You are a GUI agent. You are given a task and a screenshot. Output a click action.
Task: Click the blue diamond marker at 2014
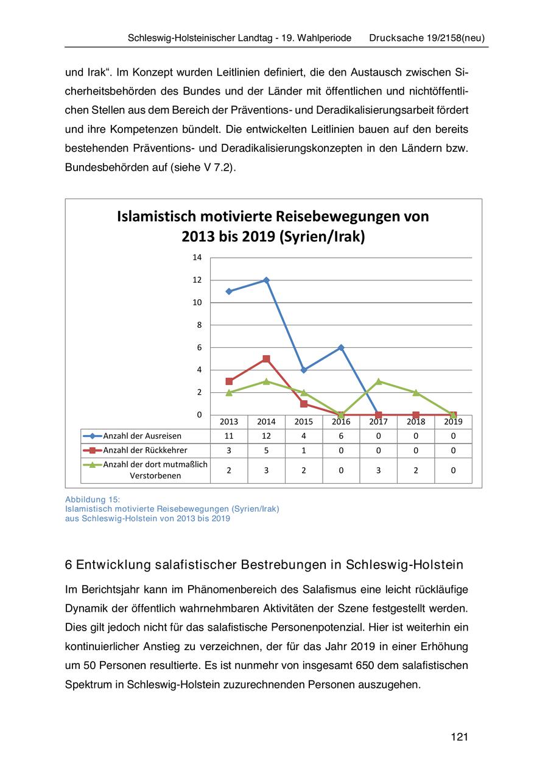[x=266, y=280]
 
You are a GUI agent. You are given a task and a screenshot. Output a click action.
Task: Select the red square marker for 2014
[x=266, y=359]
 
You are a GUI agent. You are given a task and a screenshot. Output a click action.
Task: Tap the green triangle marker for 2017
[x=378, y=381]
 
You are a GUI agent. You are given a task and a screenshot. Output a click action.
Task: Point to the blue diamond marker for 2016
[x=341, y=348]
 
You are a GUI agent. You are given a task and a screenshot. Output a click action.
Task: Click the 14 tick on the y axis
[x=197, y=258]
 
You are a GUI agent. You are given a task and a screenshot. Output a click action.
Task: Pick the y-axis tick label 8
[x=198, y=325]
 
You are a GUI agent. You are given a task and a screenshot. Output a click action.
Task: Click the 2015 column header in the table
[x=303, y=422]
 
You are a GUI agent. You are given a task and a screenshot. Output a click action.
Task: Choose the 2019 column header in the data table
[x=453, y=422]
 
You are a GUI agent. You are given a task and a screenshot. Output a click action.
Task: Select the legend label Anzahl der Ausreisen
[x=142, y=436]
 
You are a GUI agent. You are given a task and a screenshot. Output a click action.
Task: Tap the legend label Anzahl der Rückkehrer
[x=145, y=451]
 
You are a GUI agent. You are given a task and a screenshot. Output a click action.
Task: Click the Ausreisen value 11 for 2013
[x=229, y=436]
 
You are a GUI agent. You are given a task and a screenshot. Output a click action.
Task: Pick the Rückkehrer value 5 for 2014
[x=266, y=451]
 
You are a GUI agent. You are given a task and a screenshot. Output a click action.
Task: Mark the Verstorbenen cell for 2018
[x=416, y=470]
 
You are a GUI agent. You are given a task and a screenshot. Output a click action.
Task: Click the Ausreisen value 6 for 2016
[x=341, y=436]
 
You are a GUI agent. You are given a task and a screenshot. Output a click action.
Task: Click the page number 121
[x=459, y=737]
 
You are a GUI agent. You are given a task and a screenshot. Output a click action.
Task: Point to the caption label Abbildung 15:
[x=93, y=500]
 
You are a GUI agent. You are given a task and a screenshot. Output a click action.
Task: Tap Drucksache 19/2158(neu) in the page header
[x=427, y=38]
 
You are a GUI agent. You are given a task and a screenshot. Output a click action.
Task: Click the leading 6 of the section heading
[x=68, y=565]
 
